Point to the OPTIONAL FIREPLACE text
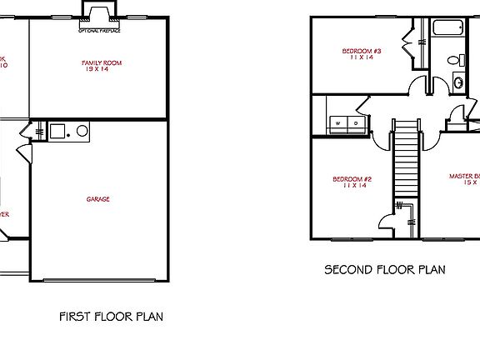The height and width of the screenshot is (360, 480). point(98,30)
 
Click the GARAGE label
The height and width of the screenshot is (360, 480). point(97,199)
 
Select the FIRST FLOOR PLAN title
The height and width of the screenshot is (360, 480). point(111,317)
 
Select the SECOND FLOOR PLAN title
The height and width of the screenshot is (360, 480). point(384,270)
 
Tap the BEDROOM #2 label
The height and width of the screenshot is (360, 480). point(352,179)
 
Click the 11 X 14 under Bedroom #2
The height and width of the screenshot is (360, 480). point(352,187)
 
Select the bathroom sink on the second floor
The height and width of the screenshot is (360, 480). point(458,82)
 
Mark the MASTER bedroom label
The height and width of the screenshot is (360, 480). point(464,177)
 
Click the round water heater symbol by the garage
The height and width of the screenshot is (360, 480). point(81,130)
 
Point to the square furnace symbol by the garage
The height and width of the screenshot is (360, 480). point(57,130)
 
